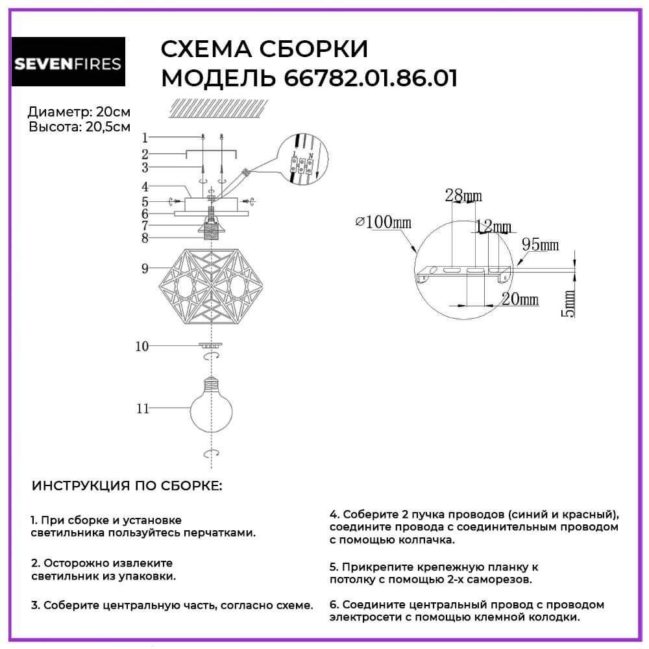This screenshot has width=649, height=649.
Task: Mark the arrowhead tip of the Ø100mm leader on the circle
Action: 416,252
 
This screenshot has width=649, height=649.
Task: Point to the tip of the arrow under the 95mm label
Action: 516,265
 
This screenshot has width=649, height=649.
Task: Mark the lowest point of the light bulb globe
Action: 211,432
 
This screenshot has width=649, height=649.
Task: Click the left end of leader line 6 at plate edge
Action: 174,214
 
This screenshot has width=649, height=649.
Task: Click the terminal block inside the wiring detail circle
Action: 301,165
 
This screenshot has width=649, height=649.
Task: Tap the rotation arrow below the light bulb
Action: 211,454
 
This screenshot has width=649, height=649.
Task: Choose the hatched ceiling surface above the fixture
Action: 218,108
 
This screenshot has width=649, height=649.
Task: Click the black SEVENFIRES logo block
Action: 68,62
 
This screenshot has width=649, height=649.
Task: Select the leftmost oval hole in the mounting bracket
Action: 433,270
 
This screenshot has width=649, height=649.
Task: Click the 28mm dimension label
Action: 463,195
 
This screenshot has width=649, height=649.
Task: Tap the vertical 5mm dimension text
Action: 570,303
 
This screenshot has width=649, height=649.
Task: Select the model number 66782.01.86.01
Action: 371,78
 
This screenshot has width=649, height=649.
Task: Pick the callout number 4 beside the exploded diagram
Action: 145,186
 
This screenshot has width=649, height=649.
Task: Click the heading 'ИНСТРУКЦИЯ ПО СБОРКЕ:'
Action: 127,485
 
